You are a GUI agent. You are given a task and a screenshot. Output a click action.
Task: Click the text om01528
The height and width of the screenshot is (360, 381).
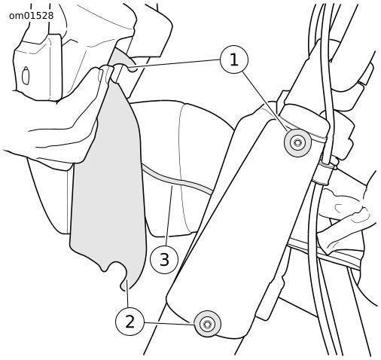pos(31,16)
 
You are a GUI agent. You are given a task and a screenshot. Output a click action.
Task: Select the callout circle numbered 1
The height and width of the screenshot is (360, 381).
pos(234,59)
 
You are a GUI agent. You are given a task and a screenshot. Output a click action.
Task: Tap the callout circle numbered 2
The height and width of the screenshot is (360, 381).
pos(130,322)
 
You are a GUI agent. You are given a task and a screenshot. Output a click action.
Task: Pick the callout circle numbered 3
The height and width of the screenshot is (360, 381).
pos(164,259)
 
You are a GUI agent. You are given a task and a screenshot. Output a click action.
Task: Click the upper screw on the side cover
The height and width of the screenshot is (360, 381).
pos(297,143)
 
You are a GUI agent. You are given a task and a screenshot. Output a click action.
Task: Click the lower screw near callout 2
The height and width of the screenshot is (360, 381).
pos(207,324)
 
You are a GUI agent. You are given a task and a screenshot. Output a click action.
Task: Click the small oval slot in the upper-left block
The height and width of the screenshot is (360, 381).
pos(26,75)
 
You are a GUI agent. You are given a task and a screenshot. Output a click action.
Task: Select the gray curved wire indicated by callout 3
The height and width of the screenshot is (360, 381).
pos(175,180)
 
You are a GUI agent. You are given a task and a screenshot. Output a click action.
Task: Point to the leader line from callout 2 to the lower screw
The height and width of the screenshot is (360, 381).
pos(169,323)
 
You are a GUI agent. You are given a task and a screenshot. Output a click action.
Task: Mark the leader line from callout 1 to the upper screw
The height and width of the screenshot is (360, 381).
pos(265,102)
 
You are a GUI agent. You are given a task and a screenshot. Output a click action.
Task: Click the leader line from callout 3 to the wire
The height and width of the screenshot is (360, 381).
pos(169,215)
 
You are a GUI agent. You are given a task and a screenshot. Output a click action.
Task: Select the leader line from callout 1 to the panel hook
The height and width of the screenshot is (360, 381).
pos(175,63)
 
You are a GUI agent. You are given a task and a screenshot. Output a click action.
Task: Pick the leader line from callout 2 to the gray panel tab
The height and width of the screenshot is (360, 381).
pos(128,293)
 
